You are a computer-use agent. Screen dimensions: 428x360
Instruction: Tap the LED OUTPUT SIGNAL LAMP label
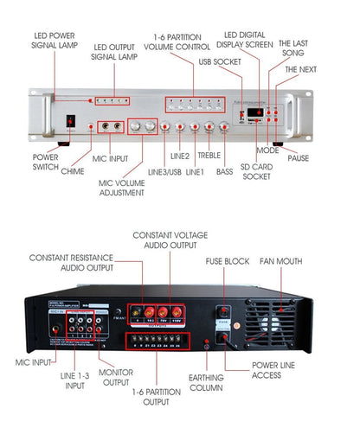click(x=114, y=52)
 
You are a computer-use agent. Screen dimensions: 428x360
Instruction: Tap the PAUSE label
click(x=322, y=159)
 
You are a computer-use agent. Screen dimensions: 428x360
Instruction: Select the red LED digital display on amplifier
click(x=256, y=112)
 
